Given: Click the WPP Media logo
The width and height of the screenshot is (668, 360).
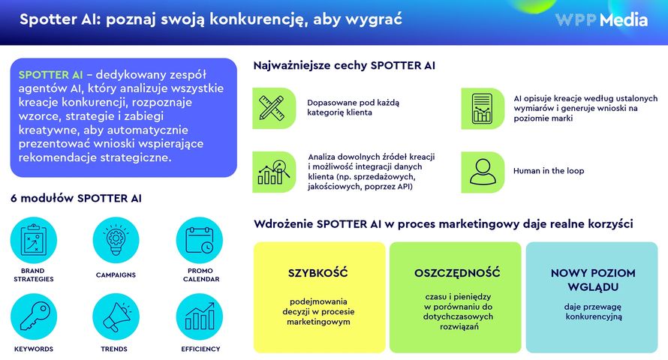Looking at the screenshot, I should click(x=601, y=20).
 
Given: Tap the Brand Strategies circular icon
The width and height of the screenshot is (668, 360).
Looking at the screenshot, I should click(x=33, y=240).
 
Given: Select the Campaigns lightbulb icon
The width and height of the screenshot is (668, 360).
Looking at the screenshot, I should click(x=116, y=240).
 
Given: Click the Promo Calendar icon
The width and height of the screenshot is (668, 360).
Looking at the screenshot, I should click(x=199, y=240).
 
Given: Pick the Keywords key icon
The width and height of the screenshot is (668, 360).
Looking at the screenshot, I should click(x=33, y=316).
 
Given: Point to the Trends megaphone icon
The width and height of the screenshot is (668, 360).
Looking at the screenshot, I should click(x=116, y=316).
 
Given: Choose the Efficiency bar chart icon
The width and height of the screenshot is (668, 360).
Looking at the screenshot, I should click(x=199, y=316).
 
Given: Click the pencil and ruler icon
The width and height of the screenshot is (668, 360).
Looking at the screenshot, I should click(x=274, y=108).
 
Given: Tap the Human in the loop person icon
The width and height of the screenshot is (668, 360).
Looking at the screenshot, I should click(x=482, y=171).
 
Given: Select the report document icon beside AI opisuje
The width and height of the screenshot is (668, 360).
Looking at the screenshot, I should click(x=482, y=108).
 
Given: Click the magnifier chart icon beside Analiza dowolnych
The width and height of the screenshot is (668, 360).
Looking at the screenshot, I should click(x=274, y=171).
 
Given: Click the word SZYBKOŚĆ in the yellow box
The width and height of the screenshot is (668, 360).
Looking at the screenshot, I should click(x=318, y=273).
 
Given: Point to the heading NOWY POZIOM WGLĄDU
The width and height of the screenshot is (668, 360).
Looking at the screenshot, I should click(x=593, y=280).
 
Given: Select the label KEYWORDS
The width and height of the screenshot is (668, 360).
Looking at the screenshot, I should click(x=33, y=349).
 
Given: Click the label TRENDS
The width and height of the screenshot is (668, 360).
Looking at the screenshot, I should click(x=114, y=349).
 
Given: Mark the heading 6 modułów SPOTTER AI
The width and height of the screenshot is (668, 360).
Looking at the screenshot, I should click(x=76, y=198).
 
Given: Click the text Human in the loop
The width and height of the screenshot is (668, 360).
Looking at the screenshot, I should click(x=548, y=171).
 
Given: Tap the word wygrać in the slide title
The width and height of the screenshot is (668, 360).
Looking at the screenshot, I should click(x=375, y=19).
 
